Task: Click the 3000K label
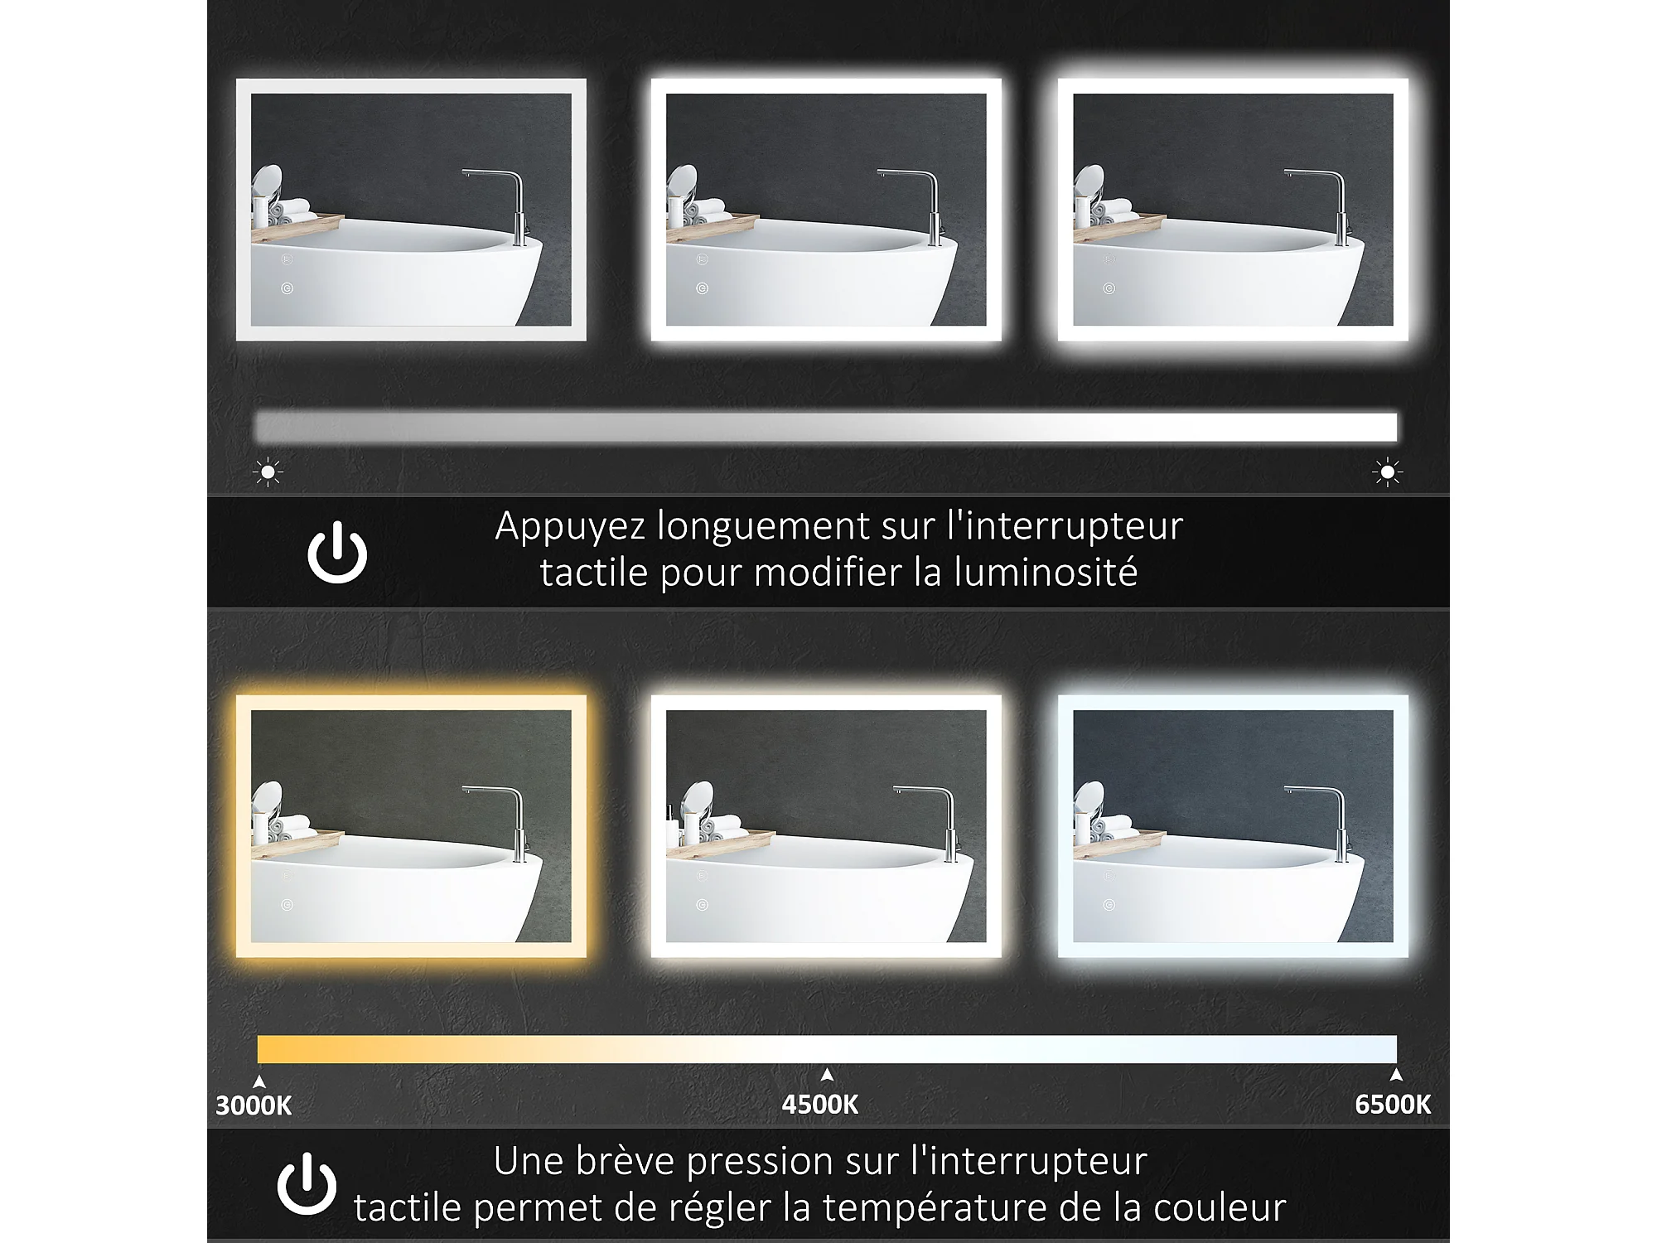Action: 254,1105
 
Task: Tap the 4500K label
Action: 820,1105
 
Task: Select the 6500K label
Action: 1393,1105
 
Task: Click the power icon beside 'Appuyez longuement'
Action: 337,552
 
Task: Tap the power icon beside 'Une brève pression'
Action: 307,1183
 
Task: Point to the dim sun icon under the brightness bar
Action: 268,472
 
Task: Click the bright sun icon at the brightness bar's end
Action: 1387,472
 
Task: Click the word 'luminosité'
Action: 1046,572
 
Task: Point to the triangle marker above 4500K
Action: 827,1075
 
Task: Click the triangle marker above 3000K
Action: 259,1081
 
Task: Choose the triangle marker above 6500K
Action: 1397,1075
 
